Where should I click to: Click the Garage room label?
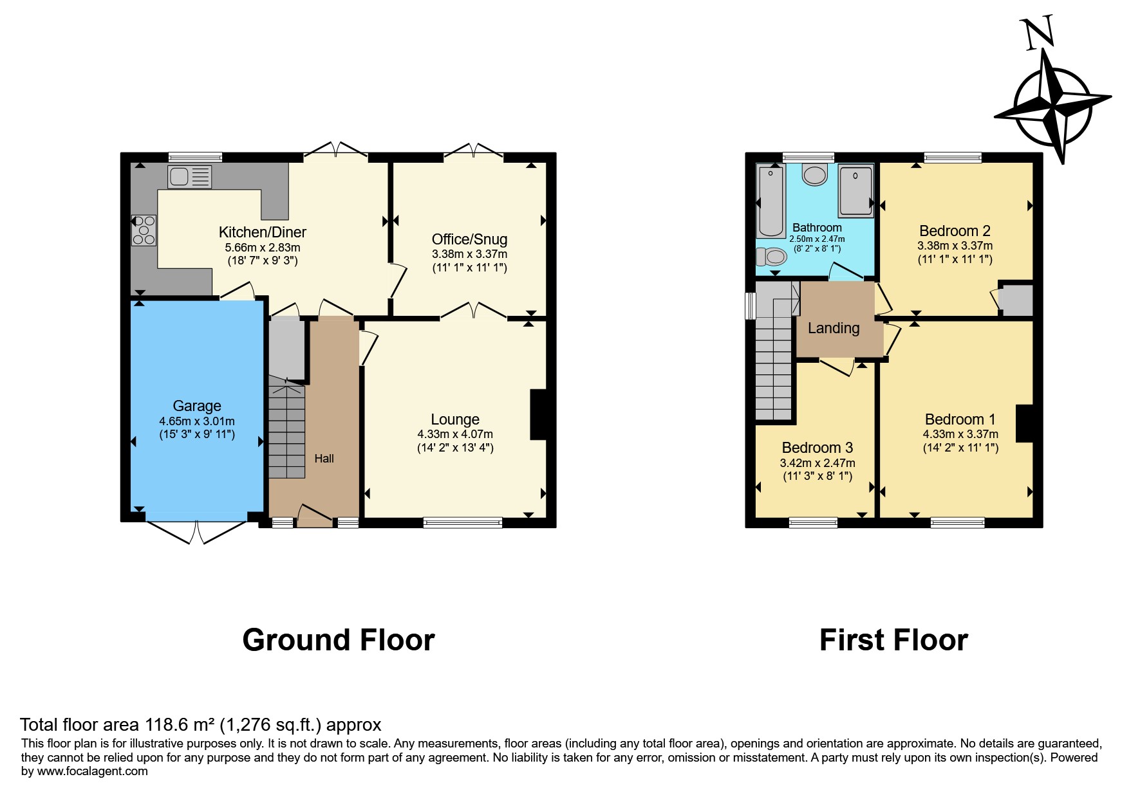point(197,406)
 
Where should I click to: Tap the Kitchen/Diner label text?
point(263,232)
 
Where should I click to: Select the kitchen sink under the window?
point(189,176)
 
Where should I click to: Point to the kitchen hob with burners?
point(144,230)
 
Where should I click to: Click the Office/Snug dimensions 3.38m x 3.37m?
point(469,254)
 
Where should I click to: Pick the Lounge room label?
point(455,419)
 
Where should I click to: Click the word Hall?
point(324,459)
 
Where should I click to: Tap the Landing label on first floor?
point(834,329)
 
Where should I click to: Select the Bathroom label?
point(817,228)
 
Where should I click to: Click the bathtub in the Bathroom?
point(771,201)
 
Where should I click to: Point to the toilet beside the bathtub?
point(771,257)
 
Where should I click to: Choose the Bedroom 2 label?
point(955,231)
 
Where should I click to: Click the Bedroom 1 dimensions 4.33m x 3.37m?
point(960,434)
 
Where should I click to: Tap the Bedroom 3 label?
point(818,448)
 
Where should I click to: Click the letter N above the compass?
point(1038,33)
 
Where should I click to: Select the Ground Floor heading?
point(339,640)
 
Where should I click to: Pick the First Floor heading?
point(893,640)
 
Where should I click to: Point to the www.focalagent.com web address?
point(93,771)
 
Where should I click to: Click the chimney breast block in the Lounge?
point(539,415)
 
